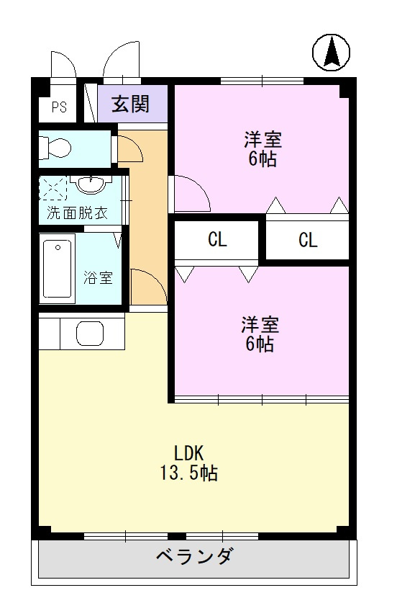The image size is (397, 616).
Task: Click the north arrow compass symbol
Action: click(x=332, y=53)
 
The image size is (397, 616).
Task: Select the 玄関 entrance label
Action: click(x=130, y=104)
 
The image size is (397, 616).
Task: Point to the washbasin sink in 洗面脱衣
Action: click(x=89, y=185)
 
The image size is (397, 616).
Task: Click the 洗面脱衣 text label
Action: click(x=77, y=213)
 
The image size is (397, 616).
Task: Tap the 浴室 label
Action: click(x=99, y=278)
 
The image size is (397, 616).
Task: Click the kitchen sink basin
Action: click(x=90, y=334)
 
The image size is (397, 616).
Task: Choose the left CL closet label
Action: click(x=217, y=241)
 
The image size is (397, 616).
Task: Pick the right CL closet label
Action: click(x=308, y=241)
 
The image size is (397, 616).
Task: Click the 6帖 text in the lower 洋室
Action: click(x=260, y=344)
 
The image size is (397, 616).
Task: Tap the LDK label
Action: click(x=189, y=453)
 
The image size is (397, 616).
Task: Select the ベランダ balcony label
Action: click(x=194, y=557)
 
